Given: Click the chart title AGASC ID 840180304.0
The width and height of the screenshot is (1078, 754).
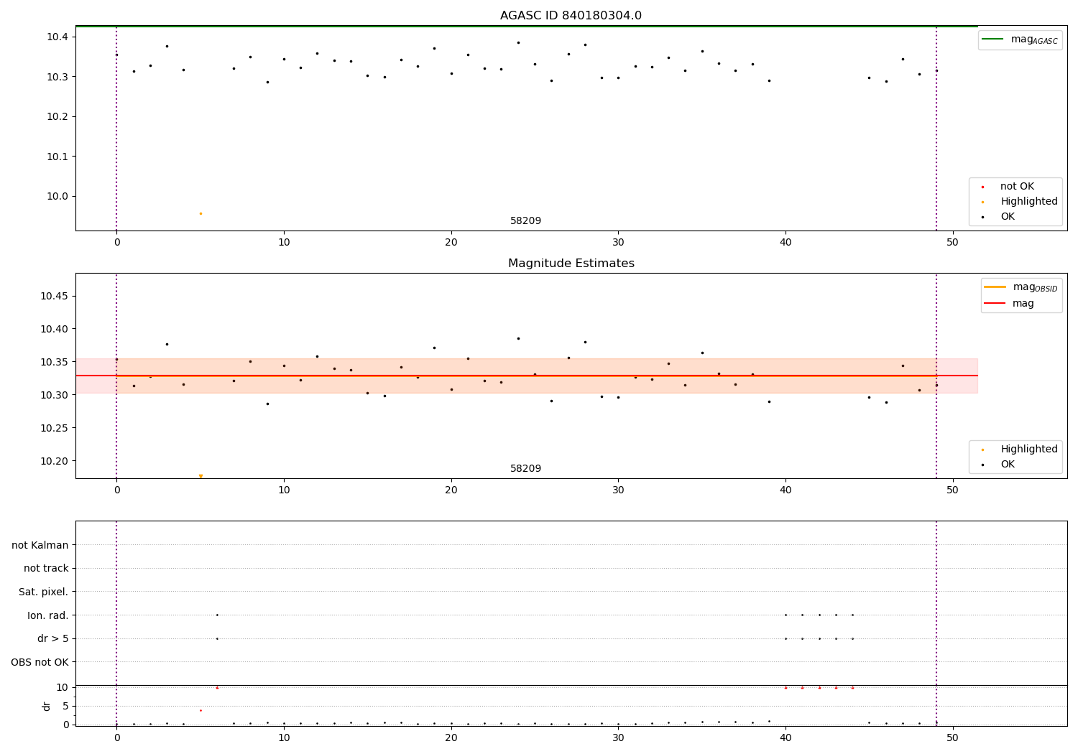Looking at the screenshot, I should [x=571, y=16].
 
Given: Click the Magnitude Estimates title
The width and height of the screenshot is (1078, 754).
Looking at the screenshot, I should [x=571, y=264].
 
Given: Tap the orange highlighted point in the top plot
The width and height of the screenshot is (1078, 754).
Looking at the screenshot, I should [x=201, y=213].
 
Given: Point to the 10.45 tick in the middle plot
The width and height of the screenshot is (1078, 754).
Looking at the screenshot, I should [x=55, y=296].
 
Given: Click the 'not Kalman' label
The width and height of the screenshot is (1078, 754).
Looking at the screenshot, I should [x=40, y=545].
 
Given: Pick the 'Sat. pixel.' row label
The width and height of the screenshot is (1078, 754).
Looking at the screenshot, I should [x=44, y=592].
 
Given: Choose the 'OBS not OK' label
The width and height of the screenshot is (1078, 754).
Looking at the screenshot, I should [x=40, y=662].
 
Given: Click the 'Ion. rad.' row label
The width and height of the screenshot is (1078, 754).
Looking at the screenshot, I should [x=48, y=615].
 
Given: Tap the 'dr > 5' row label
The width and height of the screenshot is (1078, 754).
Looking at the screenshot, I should [x=53, y=638].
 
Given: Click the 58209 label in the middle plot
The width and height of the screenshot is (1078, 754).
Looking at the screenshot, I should [x=525, y=469].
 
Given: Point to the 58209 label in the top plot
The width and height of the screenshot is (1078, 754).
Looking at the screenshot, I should [x=525, y=221].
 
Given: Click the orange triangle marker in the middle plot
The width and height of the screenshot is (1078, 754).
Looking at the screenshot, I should [x=201, y=476].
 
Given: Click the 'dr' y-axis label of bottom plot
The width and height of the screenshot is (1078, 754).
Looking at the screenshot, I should [x=47, y=706].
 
